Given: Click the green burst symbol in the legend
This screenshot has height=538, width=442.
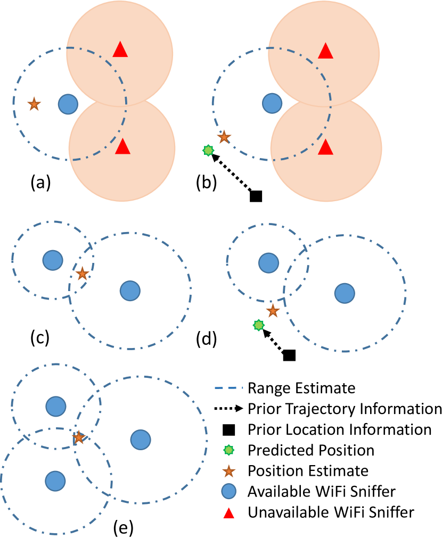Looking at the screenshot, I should click(228, 450).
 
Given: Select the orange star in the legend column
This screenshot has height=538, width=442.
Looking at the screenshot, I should click(229, 471).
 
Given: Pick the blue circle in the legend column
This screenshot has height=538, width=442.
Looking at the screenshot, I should click(229, 491).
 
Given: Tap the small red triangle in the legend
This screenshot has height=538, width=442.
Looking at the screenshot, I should click(229, 513).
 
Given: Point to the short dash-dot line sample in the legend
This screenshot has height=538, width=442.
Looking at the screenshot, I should click(228, 388).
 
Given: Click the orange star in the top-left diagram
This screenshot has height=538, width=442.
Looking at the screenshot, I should click(34, 104).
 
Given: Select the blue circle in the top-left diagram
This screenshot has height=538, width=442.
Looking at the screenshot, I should click(68, 104).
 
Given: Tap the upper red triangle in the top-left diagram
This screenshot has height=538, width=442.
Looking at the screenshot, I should click(120, 49).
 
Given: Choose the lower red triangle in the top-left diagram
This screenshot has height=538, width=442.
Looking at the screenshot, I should click(122, 147).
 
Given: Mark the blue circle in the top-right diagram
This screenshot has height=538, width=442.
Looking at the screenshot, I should click(272, 103).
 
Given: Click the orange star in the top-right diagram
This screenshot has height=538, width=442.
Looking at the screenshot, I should click(224, 137).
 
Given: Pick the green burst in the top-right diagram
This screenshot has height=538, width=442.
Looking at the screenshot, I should click(208, 151).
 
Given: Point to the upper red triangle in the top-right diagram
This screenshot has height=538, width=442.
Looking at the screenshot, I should click(325, 51).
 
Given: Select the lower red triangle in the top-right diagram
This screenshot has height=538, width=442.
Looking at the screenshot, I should click(325, 147).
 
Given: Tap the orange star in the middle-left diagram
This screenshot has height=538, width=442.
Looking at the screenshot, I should click(82, 274).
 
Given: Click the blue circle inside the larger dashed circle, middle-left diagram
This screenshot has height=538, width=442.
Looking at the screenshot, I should click(130, 291).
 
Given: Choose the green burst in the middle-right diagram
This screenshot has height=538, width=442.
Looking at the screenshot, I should click(259, 325).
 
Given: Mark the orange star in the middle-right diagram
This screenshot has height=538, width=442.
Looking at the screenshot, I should click(273, 311).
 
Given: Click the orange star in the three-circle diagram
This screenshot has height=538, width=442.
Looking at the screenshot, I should click(79, 437).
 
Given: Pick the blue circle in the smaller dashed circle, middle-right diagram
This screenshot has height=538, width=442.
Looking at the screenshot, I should click(268, 263).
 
